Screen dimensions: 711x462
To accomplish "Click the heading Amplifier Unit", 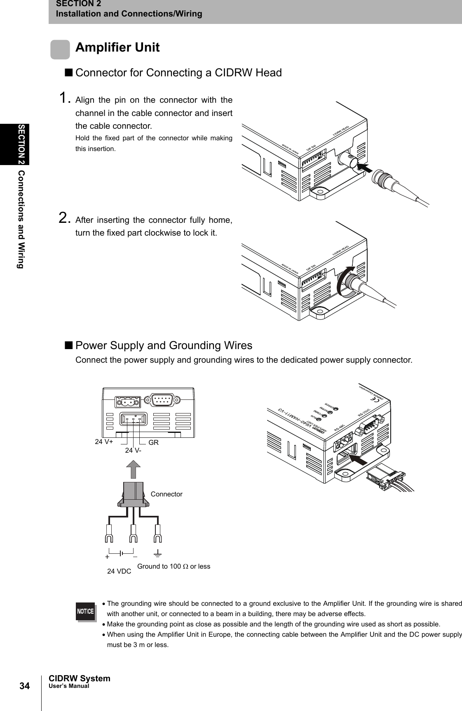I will tap(117, 47).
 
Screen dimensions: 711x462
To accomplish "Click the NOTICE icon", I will tap(85, 611).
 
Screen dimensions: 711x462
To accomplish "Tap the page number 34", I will tap(24, 686).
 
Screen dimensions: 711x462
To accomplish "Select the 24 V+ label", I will tap(104, 442).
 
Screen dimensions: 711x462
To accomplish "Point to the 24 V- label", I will tap(134, 450).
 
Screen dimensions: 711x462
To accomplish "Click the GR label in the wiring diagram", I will tap(154, 442).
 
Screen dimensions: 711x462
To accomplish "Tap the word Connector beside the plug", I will tap(167, 494).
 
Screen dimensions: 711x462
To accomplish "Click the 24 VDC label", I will tap(119, 572).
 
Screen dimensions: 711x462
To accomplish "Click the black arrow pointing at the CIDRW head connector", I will tap(364, 168).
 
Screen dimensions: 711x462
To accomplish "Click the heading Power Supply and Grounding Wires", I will tap(164, 345).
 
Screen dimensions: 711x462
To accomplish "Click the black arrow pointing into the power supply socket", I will tap(357, 459).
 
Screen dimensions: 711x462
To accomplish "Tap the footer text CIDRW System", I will tap(80, 678).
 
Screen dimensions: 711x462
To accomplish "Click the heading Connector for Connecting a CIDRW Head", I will tap(179, 73).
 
